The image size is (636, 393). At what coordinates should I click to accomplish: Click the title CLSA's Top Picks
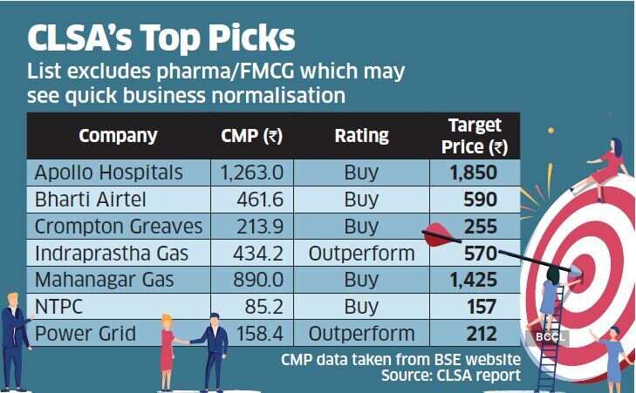point(161,39)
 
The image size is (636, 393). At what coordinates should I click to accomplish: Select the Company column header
point(118,136)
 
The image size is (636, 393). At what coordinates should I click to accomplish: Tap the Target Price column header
point(475,136)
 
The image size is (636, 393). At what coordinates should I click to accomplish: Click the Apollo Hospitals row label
point(108,172)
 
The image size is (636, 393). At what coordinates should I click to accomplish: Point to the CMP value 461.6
point(260,200)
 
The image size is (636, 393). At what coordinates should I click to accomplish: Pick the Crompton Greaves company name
point(118,227)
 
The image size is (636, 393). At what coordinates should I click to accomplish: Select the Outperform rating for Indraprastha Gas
point(361,254)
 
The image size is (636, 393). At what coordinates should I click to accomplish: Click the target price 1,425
point(474,281)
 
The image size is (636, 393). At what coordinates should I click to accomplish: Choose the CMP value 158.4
point(260,334)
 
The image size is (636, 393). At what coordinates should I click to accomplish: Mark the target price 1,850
point(474,173)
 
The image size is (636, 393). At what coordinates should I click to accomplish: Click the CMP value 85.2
point(264,307)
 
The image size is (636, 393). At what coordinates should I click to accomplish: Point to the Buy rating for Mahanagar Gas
point(361,281)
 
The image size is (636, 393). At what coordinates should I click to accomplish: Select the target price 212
point(481,334)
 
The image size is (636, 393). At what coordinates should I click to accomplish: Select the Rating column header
point(361,136)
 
